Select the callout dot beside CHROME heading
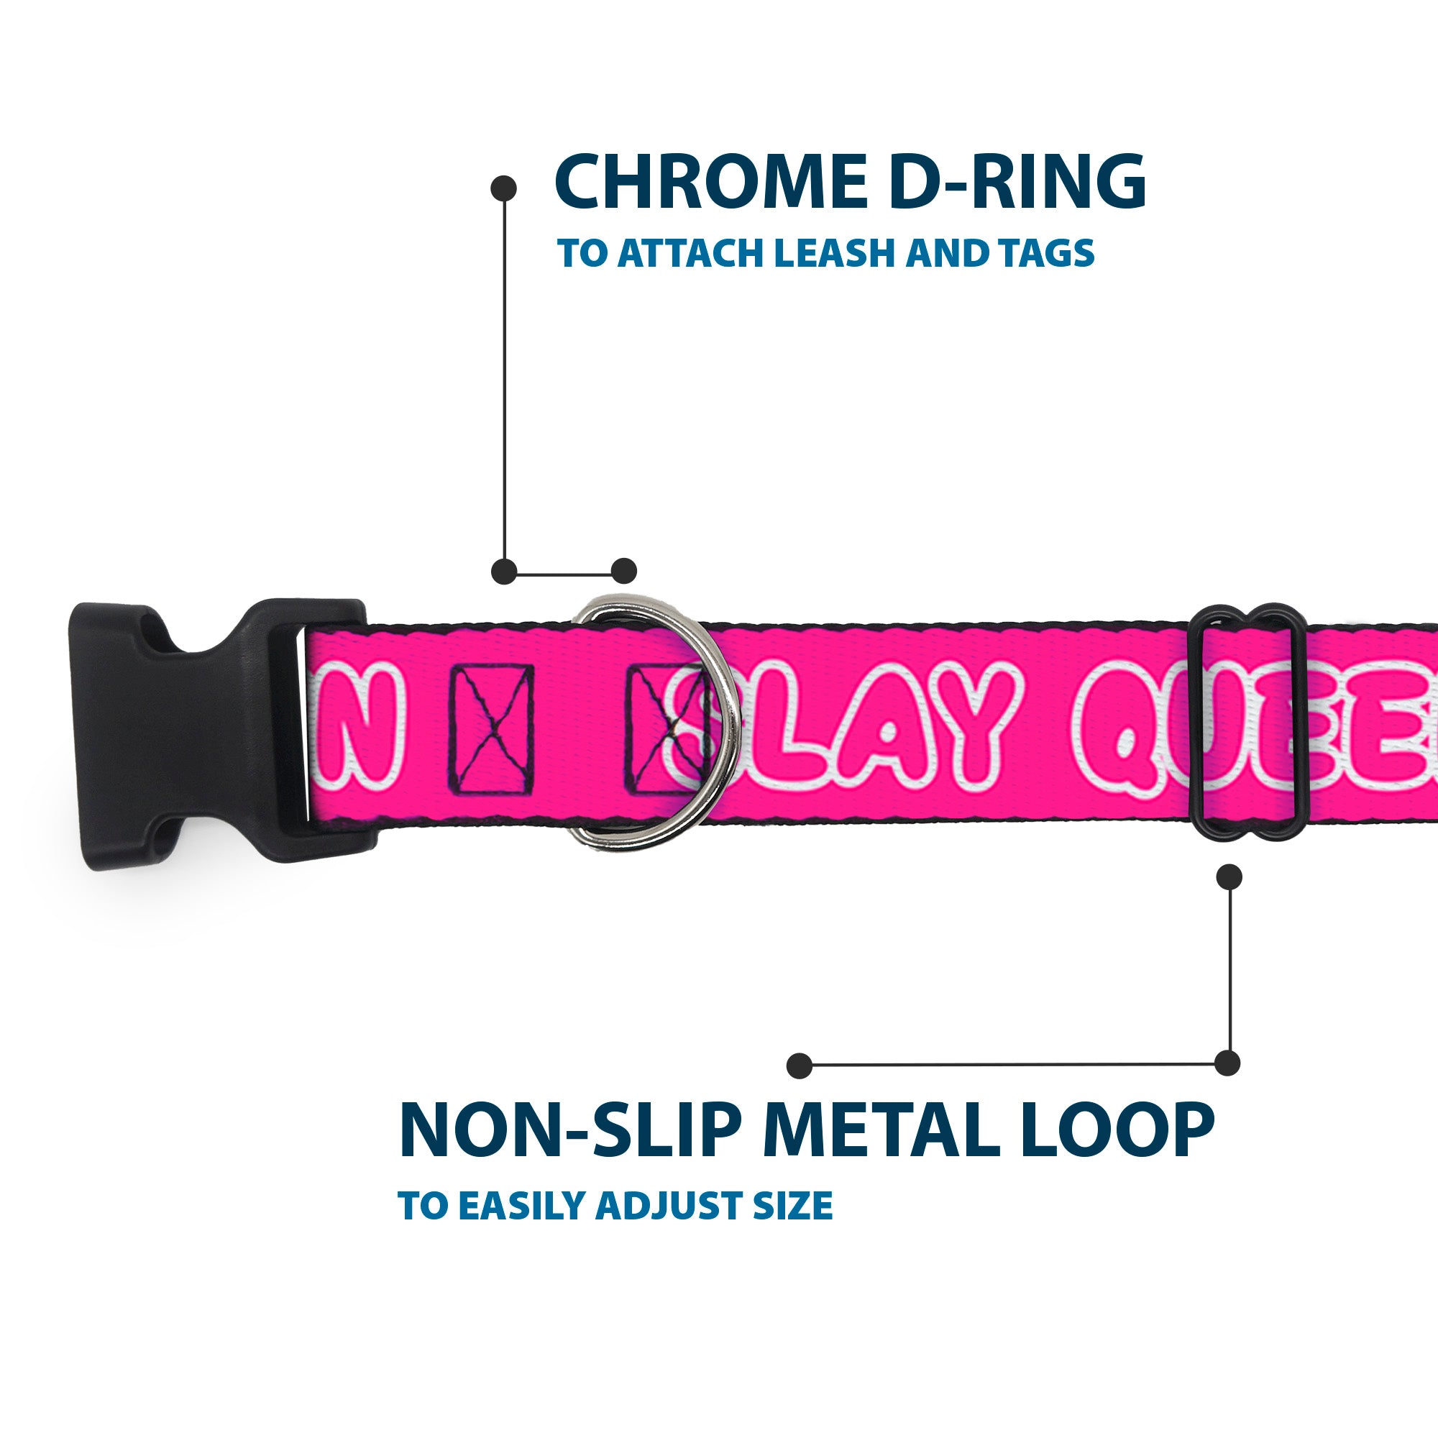tap(504, 188)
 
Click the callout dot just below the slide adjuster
tap(1229, 876)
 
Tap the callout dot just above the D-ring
tap(623, 571)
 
